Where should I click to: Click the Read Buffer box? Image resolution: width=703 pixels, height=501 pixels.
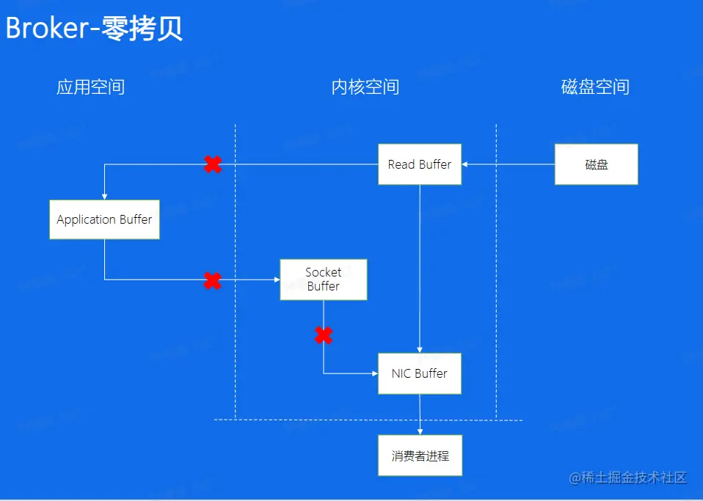(x=419, y=164)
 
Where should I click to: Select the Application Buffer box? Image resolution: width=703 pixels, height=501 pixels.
(x=104, y=219)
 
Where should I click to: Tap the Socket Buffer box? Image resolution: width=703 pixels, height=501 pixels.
(x=323, y=279)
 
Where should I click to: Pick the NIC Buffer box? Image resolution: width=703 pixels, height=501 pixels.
(x=419, y=373)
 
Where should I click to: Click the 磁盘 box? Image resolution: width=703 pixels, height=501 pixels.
(x=596, y=164)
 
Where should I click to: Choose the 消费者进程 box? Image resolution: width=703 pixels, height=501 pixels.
(x=420, y=456)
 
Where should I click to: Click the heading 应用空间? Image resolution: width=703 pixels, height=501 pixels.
(x=90, y=87)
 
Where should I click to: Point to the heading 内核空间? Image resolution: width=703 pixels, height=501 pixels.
(x=365, y=87)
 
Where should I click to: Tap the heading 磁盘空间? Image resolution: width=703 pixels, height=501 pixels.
(x=595, y=87)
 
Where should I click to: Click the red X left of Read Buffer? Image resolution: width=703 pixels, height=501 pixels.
(x=213, y=164)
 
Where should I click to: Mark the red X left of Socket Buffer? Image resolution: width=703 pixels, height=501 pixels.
(x=212, y=280)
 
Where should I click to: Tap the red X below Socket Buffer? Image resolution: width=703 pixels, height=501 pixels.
(x=324, y=336)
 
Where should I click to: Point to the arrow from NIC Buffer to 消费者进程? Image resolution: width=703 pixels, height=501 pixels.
(x=420, y=414)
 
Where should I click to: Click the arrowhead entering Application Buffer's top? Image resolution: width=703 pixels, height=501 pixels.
(x=105, y=196)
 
